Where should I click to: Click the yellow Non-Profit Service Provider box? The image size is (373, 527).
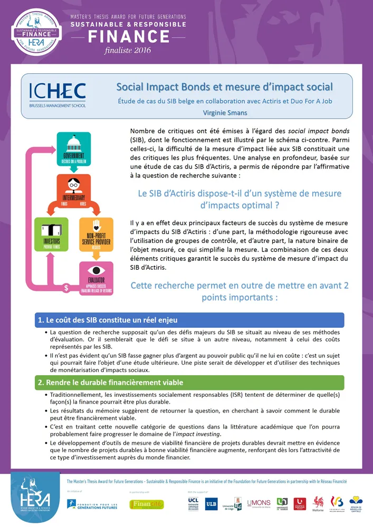click(95, 233)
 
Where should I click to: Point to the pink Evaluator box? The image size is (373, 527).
click(95, 277)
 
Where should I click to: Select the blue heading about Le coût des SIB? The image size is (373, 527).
click(189, 320)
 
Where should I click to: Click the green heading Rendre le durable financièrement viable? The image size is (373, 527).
click(189, 382)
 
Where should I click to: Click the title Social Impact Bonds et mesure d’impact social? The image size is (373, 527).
click(224, 86)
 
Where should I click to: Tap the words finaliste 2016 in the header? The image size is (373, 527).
click(128, 50)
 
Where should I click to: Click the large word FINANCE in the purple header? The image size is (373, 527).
click(128, 36)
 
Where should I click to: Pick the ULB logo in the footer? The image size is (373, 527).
click(211, 503)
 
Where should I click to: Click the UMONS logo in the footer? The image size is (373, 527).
click(259, 504)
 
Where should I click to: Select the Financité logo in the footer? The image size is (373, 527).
click(147, 504)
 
